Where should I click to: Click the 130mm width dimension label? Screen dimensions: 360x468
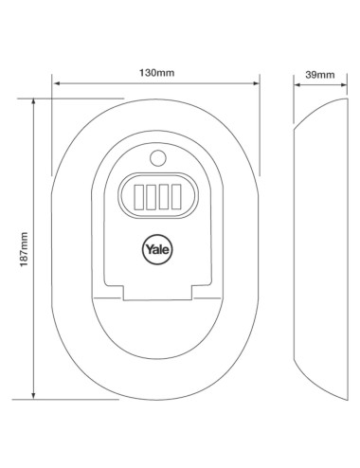(x=157, y=73)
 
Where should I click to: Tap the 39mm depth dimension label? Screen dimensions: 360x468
(x=320, y=75)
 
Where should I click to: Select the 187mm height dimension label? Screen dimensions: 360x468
(x=24, y=249)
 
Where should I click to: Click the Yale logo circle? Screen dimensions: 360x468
(x=157, y=249)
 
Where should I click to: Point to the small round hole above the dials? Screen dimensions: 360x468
(x=158, y=158)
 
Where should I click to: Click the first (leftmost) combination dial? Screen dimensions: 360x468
(x=139, y=197)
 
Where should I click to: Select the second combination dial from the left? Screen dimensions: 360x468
(x=152, y=197)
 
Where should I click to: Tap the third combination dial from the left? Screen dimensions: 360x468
(x=164, y=197)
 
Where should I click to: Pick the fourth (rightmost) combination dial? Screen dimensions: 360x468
(x=176, y=197)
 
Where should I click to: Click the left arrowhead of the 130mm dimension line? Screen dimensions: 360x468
(x=56, y=83)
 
